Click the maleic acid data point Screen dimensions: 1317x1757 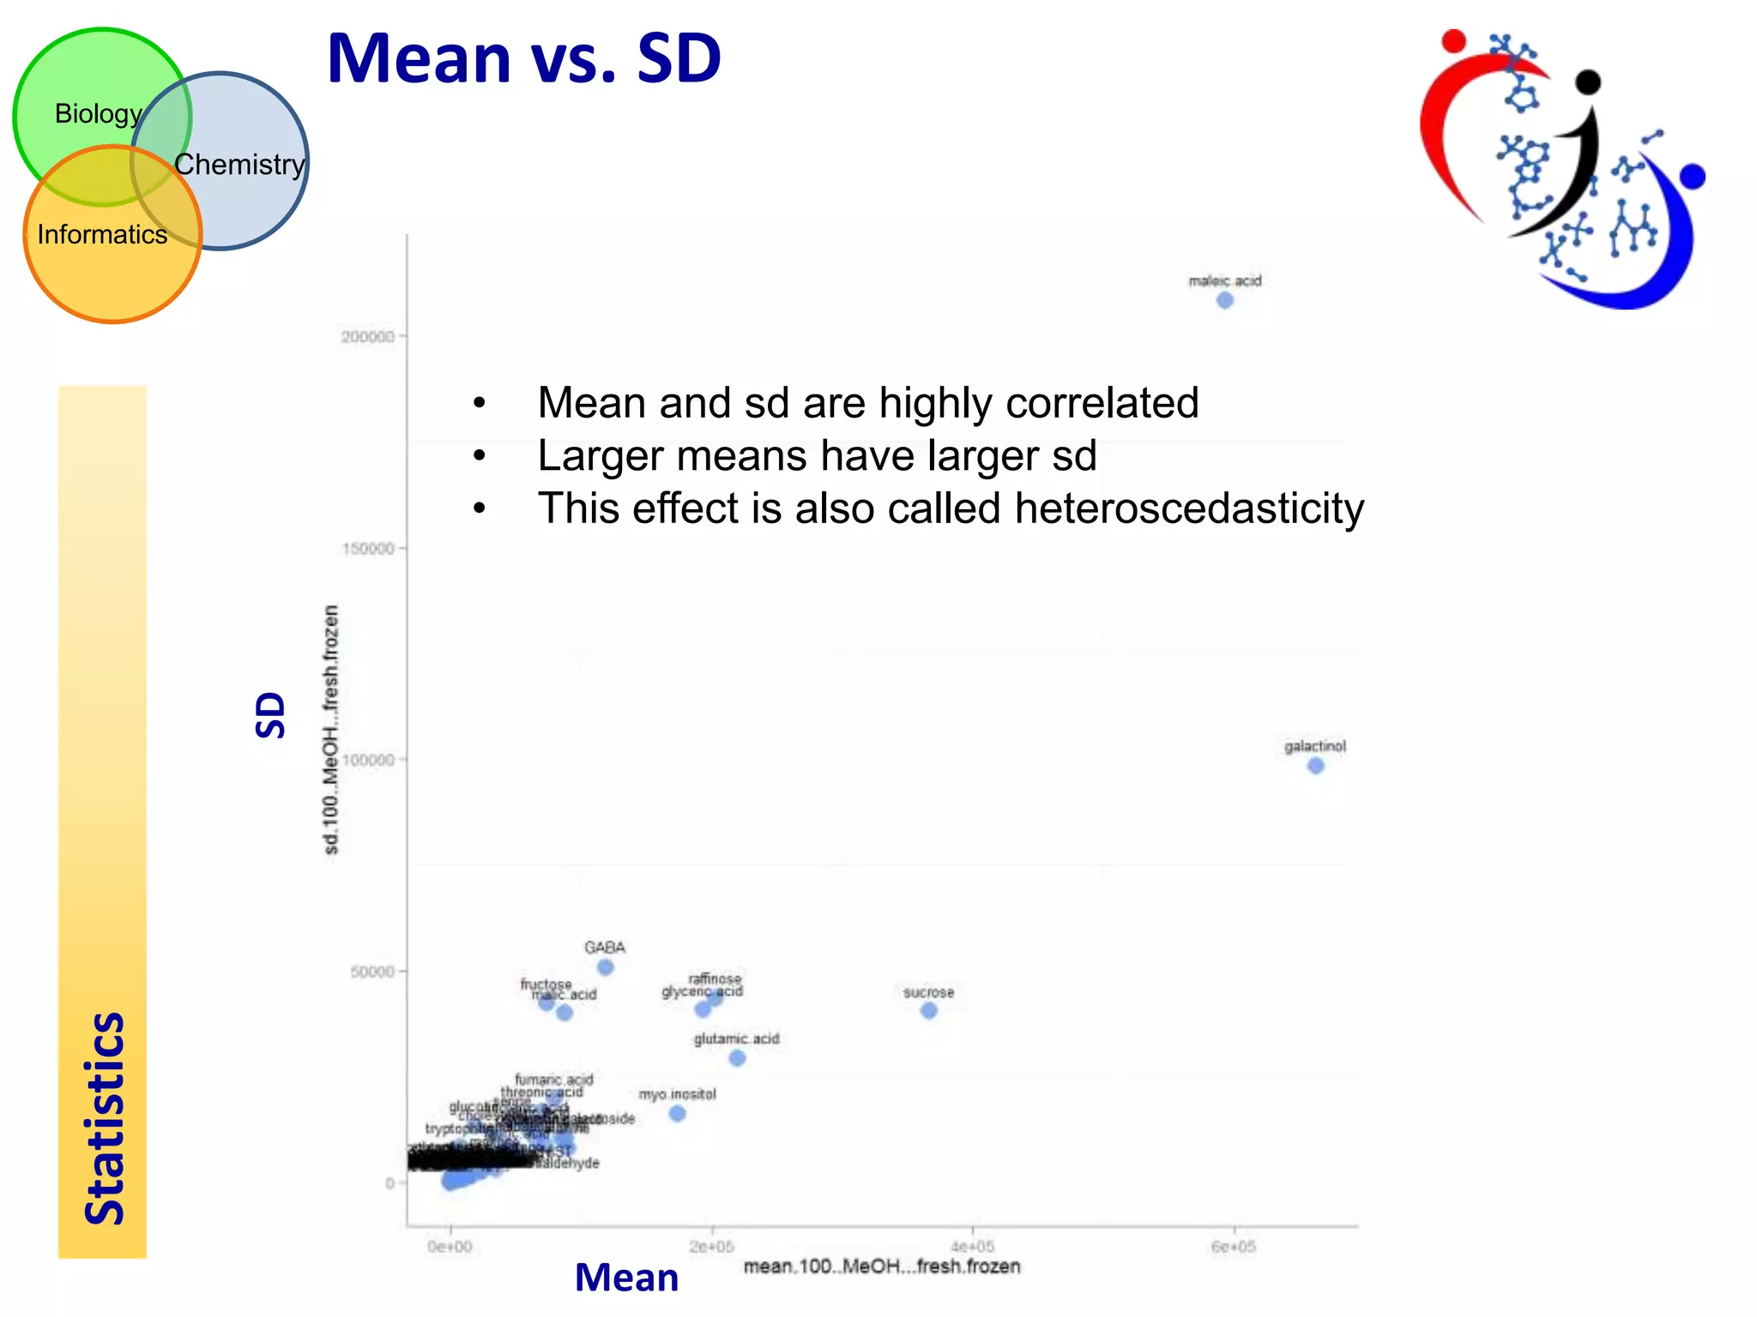point(1225,300)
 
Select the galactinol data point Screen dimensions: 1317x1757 point(1315,766)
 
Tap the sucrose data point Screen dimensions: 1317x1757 point(928,1011)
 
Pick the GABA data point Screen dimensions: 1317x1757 point(605,967)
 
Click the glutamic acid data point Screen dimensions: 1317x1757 point(737,1058)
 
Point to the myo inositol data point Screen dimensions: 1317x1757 point(677,1113)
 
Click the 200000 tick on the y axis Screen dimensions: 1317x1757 point(368,337)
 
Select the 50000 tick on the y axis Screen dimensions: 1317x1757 point(372,971)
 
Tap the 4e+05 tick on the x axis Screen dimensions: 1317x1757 point(972,1247)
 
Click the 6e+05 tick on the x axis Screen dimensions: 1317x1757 point(1233,1247)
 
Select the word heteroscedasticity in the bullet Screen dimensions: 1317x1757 point(1189,508)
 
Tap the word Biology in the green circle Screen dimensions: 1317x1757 point(98,113)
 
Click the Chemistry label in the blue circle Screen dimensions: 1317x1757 point(239,164)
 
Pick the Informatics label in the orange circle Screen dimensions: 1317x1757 point(102,234)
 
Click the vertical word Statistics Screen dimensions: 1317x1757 point(105,1118)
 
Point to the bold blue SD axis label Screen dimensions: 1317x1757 point(270,715)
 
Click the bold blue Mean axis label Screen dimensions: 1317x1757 point(626,1278)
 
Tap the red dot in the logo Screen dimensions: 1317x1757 point(1453,40)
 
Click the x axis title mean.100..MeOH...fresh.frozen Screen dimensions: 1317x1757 point(882,1266)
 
